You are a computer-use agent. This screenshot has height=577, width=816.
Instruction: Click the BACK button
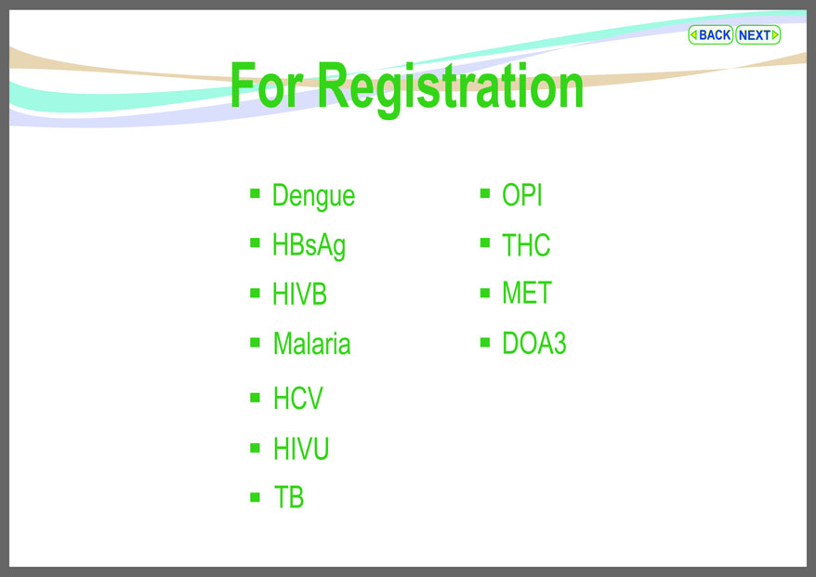click(x=710, y=35)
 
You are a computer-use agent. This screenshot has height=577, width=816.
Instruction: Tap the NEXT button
click(x=758, y=35)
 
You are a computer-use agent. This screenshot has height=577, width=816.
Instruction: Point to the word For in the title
click(x=266, y=85)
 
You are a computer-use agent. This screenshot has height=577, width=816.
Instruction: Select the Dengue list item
click(x=314, y=197)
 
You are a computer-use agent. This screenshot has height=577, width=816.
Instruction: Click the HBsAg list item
click(x=309, y=245)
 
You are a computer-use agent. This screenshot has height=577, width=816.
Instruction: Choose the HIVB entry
click(x=300, y=294)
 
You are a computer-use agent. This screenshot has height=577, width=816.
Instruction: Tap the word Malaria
click(x=311, y=344)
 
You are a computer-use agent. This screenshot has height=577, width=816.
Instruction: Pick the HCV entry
click(x=298, y=399)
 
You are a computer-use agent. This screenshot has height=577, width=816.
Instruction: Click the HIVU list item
click(x=301, y=449)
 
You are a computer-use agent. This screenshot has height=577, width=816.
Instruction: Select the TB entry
click(x=289, y=497)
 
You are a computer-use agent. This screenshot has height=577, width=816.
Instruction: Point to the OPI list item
click(x=522, y=196)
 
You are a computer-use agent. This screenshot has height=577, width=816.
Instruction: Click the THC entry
click(x=526, y=245)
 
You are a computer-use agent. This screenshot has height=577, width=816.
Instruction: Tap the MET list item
click(x=527, y=293)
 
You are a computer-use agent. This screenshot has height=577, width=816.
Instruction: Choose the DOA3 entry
click(x=534, y=343)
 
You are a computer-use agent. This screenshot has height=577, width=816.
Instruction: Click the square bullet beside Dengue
click(x=255, y=193)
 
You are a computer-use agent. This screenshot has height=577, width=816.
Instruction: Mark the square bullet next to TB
click(x=255, y=497)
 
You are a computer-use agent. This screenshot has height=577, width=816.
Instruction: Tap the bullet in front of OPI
click(x=485, y=193)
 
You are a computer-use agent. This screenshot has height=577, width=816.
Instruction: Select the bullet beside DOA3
click(x=485, y=342)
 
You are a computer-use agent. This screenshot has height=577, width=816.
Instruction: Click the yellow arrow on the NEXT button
click(x=775, y=35)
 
